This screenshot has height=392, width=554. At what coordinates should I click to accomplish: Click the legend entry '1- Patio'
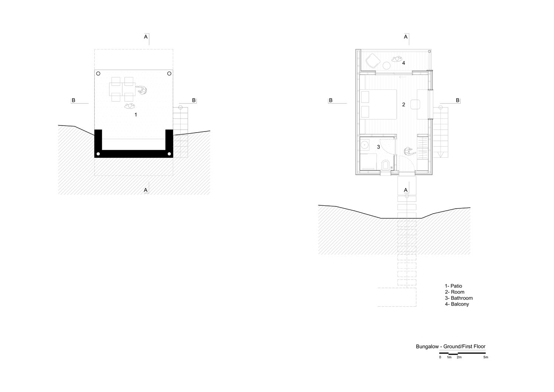tap(453, 286)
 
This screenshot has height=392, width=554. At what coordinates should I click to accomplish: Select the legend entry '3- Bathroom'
tap(459, 298)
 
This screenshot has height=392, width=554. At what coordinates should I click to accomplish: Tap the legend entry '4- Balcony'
tap(457, 304)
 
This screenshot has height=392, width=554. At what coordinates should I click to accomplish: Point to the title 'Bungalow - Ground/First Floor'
tap(451, 347)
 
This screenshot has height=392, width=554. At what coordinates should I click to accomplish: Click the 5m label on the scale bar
tap(486, 357)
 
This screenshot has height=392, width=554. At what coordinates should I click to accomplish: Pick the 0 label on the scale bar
tap(440, 357)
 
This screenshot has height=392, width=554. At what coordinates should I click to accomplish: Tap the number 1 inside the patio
tap(136, 115)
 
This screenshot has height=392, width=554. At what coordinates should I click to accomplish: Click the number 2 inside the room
tap(404, 105)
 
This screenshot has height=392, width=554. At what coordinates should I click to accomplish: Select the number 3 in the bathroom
tap(379, 147)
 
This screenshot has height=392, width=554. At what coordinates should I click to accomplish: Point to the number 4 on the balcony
tap(404, 63)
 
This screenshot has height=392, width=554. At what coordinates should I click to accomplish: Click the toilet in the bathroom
tap(386, 165)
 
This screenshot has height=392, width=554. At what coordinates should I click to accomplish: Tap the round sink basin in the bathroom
tap(365, 144)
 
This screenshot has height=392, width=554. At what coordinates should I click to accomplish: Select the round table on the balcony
tap(387, 66)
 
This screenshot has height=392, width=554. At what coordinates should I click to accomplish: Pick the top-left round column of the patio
tap(98, 74)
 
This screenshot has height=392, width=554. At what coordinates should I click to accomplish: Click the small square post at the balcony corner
tap(429, 51)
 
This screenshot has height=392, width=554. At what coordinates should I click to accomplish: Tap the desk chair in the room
tap(415, 104)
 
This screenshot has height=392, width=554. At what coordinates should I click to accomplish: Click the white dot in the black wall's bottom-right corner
tap(169, 154)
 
